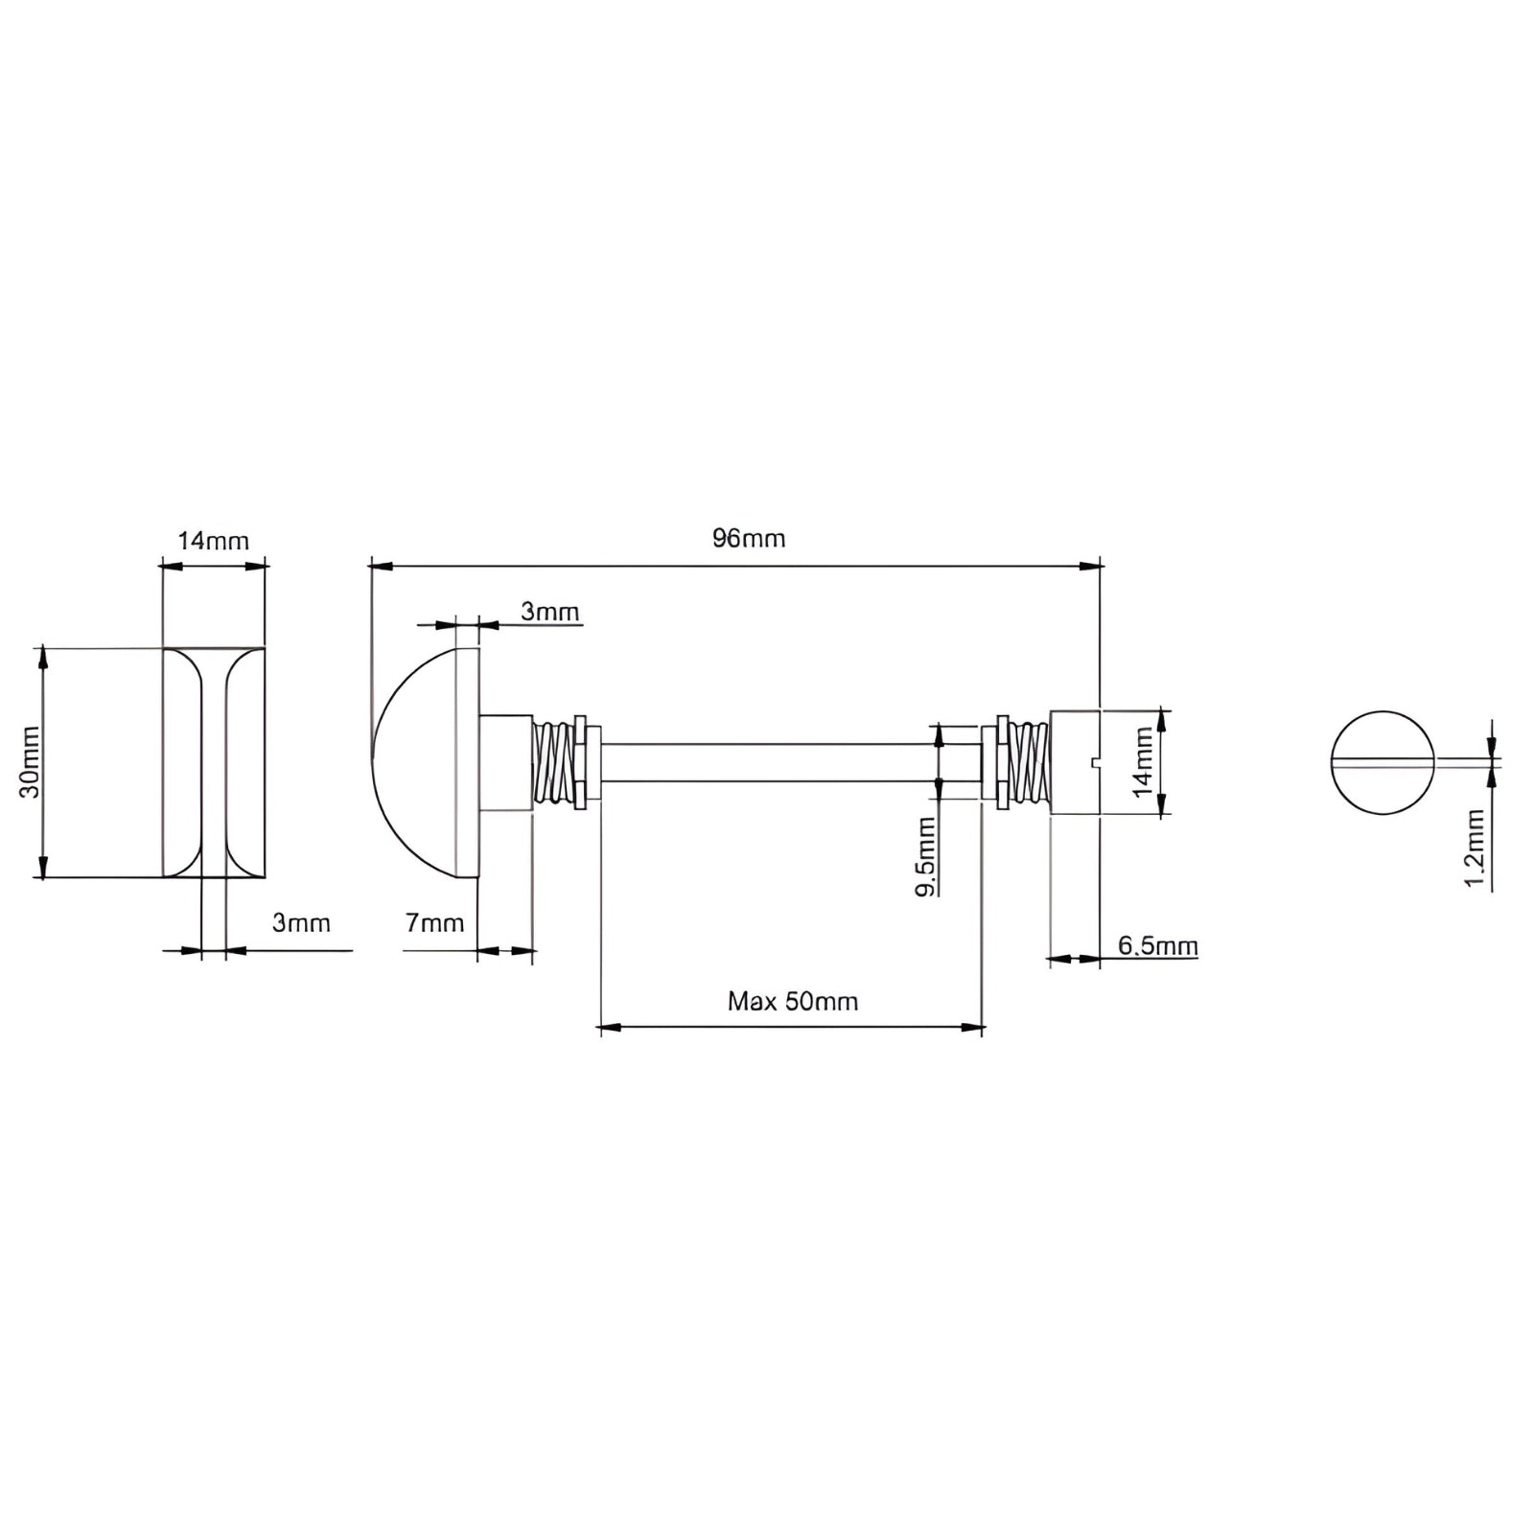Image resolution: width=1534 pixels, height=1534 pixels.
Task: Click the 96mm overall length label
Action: (x=749, y=539)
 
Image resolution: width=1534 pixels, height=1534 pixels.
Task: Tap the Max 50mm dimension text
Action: (x=793, y=1002)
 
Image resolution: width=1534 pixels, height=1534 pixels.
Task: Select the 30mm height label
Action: (x=30, y=762)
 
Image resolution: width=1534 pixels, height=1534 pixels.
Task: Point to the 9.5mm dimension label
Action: (x=925, y=856)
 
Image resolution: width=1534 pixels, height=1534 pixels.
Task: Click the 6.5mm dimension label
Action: (x=1158, y=946)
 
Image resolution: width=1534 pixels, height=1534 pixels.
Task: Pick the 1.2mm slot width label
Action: (x=1475, y=848)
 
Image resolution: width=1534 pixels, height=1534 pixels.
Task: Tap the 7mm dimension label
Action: (x=434, y=923)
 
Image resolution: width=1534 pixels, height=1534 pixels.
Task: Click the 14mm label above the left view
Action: (x=213, y=541)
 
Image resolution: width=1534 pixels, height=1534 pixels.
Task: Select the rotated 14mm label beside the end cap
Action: (x=1143, y=762)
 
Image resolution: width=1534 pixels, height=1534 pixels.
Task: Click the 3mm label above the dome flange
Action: (x=550, y=612)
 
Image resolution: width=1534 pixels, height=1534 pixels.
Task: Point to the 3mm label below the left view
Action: (x=301, y=923)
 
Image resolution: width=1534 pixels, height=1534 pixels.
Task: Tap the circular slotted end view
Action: (x=1383, y=762)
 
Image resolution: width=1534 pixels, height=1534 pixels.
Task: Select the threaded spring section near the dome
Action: (x=553, y=763)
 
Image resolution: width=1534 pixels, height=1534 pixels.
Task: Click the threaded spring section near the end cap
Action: (x=1030, y=763)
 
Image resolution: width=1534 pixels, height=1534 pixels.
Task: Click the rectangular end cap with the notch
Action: (x=1076, y=762)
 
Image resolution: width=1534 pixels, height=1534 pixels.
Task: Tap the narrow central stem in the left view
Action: (x=214, y=762)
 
